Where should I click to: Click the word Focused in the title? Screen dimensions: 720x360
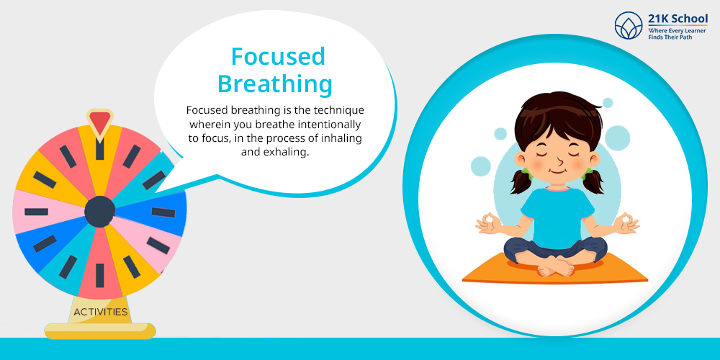click(278, 56)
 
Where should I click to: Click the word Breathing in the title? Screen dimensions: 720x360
click(274, 85)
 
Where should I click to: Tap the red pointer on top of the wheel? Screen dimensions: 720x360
click(99, 122)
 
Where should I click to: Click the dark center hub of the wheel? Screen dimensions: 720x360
click(99, 212)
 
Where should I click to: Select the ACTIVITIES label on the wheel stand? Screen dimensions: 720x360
click(101, 312)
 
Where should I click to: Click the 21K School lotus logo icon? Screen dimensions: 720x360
click(629, 26)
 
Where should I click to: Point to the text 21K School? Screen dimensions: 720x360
click(678, 19)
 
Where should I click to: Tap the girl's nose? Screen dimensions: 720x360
click(559, 161)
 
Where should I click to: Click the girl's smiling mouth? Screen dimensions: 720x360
click(557, 173)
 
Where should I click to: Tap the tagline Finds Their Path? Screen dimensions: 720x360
click(670, 37)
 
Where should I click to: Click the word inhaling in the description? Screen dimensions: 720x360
click(341, 138)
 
